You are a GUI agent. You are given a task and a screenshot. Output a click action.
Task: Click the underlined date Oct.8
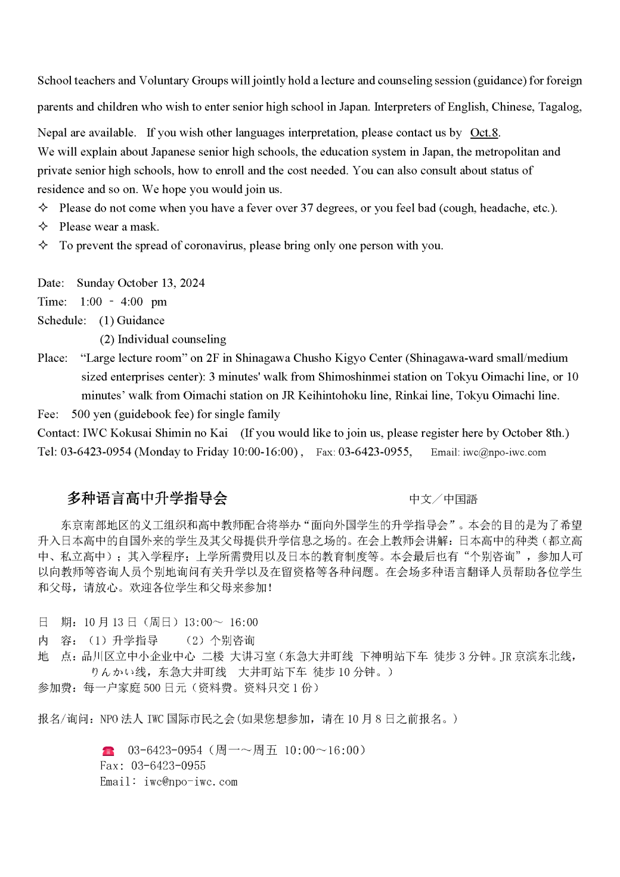pyautogui.click(x=484, y=132)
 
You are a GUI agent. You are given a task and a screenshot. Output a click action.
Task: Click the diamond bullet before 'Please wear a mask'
pyautogui.click(x=43, y=227)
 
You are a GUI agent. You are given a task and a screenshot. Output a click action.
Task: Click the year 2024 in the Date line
pyautogui.click(x=192, y=283)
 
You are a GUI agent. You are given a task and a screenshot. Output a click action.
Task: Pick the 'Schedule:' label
pyautogui.click(x=61, y=321)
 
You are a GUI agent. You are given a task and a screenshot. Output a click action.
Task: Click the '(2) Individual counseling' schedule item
pyautogui.click(x=163, y=339)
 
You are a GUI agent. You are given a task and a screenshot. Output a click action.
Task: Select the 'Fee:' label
pyautogui.click(x=48, y=414)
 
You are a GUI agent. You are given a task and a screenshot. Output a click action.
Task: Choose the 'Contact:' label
pyautogui.click(x=58, y=433)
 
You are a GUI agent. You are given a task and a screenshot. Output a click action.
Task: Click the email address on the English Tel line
pyautogui.click(x=504, y=452)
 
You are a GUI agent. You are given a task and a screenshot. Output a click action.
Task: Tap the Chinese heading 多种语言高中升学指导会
pyautogui.click(x=147, y=498)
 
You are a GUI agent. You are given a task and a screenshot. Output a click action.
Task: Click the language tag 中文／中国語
pyautogui.click(x=443, y=499)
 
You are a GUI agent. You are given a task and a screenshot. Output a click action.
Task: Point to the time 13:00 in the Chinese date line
pyautogui.click(x=197, y=622)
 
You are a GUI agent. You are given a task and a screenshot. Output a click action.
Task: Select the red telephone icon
pyautogui.click(x=108, y=751)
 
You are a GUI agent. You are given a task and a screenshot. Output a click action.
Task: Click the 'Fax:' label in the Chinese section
pyautogui.click(x=112, y=766)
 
